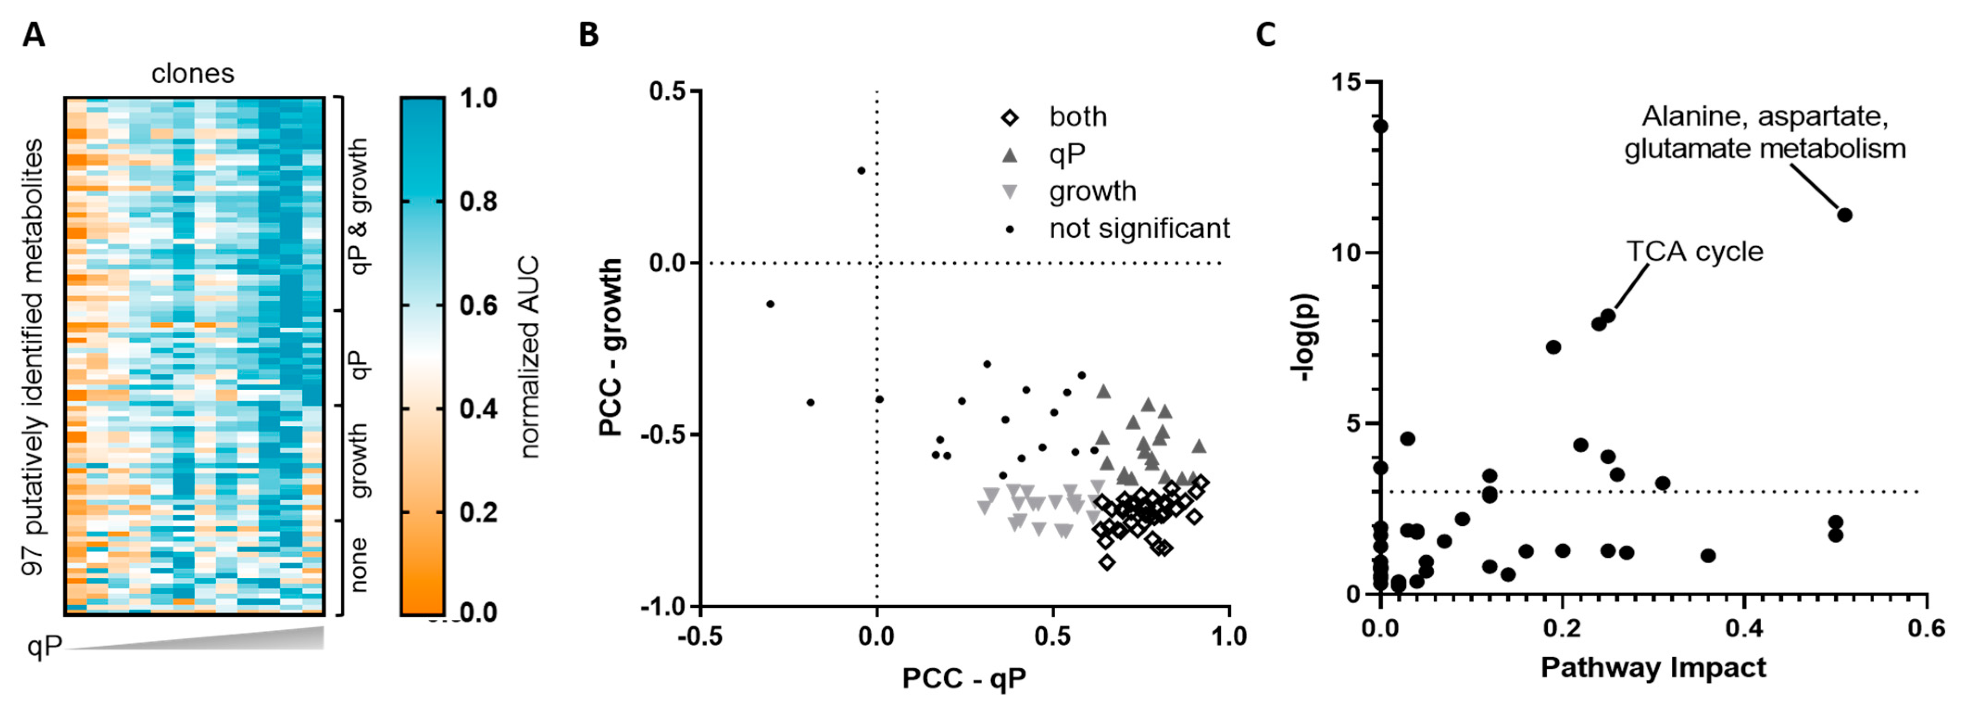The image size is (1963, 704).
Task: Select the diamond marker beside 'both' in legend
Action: (x=1010, y=118)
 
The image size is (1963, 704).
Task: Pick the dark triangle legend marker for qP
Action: (x=1010, y=155)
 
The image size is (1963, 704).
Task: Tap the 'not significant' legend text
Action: (x=1139, y=228)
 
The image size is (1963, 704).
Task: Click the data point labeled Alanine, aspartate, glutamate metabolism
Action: (x=1844, y=215)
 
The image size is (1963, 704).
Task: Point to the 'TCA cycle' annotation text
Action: (x=1695, y=251)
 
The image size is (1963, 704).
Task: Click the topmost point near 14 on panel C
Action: (x=1381, y=126)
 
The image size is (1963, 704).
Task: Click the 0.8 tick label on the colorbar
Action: (x=478, y=202)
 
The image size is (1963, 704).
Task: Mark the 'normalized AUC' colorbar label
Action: (x=528, y=356)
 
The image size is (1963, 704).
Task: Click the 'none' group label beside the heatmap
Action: (x=358, y=565)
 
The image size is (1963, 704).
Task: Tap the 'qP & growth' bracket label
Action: (x=358, y=206)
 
